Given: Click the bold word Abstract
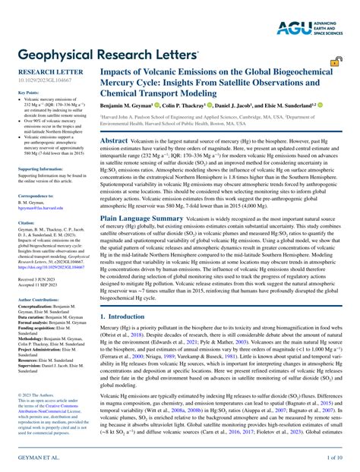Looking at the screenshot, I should coord(114,141).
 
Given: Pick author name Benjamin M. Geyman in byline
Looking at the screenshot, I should coord(131,104).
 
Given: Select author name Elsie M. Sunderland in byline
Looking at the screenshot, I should coord(287,104).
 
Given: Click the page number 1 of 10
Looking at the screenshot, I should coord(335,459).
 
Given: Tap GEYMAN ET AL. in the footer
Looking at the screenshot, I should coord(31,459).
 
